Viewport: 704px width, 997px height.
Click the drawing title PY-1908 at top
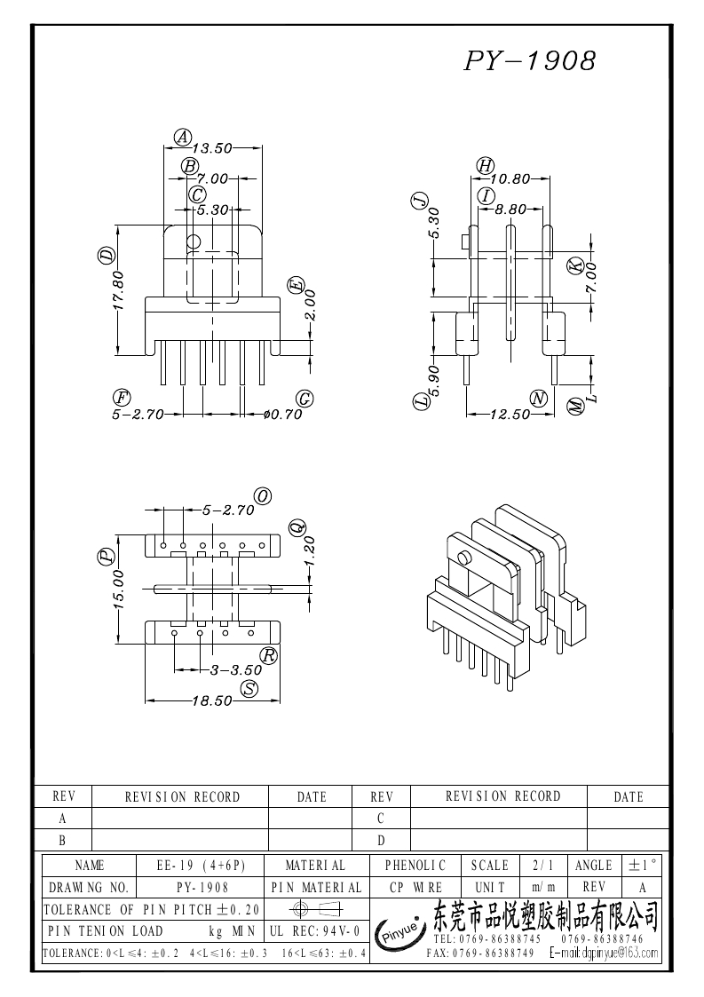click(x=529, y=60)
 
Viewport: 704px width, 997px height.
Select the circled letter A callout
click(x=182, y=137)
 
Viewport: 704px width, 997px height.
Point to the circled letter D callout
click(x=107, y=257)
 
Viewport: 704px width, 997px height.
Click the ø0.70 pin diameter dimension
click(x=283, y=414)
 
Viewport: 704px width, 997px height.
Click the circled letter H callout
click(x=484, y=165)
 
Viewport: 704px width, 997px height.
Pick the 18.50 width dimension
click(x=212, y=700)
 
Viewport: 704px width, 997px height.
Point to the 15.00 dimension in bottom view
click(x=120, y=589)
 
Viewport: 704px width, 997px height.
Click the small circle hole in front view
click(x=194, y=241)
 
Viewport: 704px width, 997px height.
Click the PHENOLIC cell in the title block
click(x=415, y=864)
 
